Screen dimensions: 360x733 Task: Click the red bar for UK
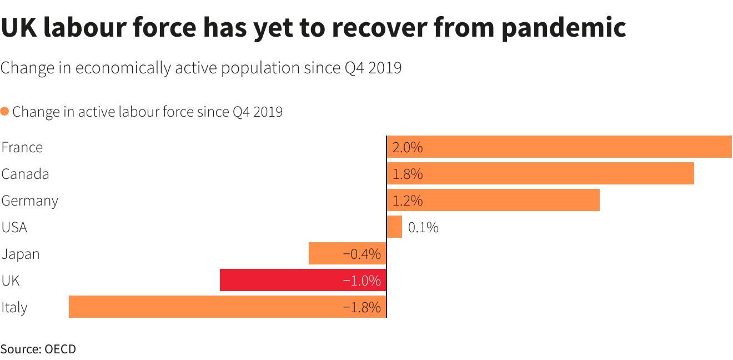[x=303, y=280]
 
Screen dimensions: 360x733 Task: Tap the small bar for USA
[x=394, y=227]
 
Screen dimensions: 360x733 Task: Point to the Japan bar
[x=347, y=253]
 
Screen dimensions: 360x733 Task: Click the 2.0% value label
[x=408, y=147]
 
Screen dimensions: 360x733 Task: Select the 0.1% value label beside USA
[x=423, y=227]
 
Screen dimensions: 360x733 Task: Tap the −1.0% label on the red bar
[x=362, y=281]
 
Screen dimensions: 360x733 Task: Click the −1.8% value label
[x=362, y=307]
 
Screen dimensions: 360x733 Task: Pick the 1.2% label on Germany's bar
[x=408, y=201]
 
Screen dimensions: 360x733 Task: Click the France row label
[x=22, y=147]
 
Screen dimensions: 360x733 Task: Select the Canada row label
[x=25, y=174]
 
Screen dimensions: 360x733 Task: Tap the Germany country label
[x=29, y=201]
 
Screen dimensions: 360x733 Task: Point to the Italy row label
[x=14, y=307]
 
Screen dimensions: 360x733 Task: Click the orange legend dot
[x=4, y=111]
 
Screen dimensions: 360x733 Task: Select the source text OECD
[x=60, y=349]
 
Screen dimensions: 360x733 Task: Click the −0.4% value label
[x=362, y=254]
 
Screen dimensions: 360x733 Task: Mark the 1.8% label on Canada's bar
[x=408, y=174]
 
